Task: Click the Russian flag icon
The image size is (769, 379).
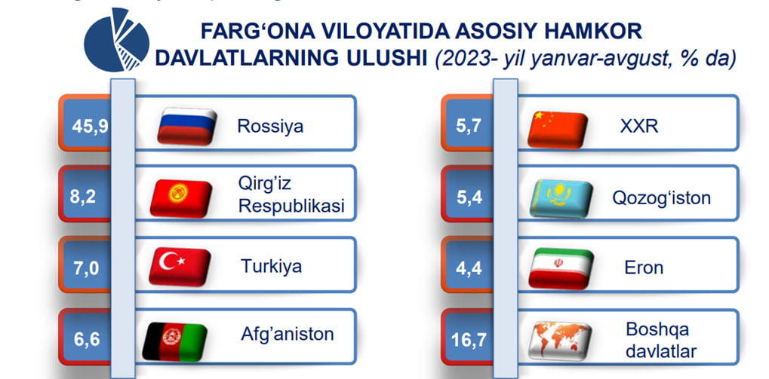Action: click(187, 126)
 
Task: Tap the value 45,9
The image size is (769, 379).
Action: click(89, 127)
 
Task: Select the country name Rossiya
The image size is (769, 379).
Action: click(270, 126)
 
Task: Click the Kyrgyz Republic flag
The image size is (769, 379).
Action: click(181, 198)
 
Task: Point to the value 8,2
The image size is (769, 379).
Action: click(83, 197)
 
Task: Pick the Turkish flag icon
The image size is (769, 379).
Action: click(180, 267)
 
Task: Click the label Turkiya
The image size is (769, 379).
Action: click(271, 267)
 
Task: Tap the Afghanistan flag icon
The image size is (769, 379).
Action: click(174, 341)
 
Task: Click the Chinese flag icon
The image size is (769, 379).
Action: click(557, 130)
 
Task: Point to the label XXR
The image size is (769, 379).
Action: click(638, 127)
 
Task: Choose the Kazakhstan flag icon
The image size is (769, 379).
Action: click(561, 199)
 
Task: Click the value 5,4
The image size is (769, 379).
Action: click(469, 197)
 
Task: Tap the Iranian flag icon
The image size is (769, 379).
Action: click(561, 269)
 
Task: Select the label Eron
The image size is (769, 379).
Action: click(644, 267)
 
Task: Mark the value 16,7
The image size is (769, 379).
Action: click(468, 339)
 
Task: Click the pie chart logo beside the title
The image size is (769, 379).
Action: click(116, 40)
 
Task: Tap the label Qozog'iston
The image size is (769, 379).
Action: click(661, 198)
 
